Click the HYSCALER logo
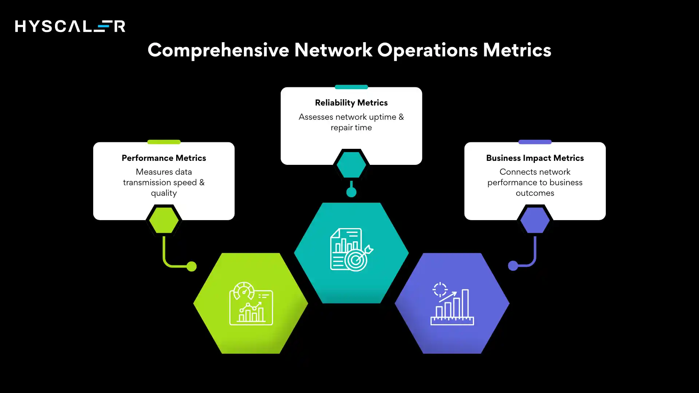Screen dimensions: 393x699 [70, 26]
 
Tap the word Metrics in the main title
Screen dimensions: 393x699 [517, 50]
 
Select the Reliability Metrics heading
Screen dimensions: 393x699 [351, 103]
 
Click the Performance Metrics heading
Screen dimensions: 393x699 [163, 158]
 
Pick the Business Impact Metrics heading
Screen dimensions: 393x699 [534, 158]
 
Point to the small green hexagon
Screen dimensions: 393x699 [164, 221]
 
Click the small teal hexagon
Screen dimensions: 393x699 [351, 165]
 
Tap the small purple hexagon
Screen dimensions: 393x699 [534, 221]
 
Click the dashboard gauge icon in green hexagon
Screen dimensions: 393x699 [251, 303]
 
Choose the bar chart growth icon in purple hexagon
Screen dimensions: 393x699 [452, 303]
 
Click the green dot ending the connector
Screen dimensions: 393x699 [191, 266]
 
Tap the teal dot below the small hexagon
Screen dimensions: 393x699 [351, 192]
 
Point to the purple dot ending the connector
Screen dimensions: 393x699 [513, 266]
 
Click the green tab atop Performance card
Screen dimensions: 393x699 [163, 142]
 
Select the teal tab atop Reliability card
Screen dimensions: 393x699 [351, 87]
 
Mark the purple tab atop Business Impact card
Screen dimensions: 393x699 [534, 142]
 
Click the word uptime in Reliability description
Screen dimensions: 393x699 [382, 117]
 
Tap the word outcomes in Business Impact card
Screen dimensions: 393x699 [534, 193]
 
